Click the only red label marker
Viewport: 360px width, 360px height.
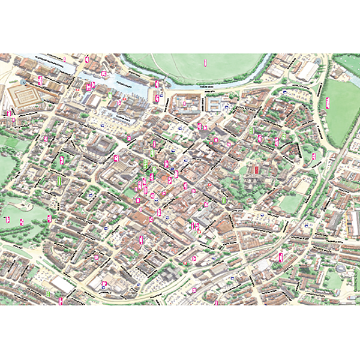click(256, 170)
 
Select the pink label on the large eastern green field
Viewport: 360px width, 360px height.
click(328, 101)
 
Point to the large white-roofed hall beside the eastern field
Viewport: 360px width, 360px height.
click(307, 71)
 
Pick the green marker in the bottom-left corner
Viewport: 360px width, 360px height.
click(48, 293)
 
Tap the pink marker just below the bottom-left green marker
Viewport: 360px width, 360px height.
click(61, 301)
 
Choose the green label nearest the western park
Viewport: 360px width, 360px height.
click(59, 181)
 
